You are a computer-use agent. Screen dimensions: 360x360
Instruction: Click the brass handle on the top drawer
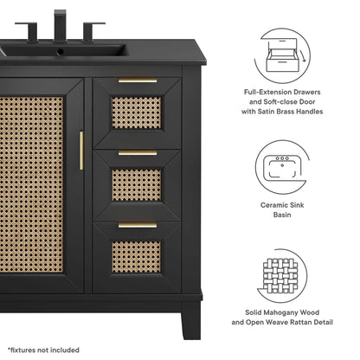tap(138, 81)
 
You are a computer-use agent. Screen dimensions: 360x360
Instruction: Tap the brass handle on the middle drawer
tap(138, 153)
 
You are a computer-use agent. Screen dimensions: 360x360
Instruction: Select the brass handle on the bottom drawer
tap(138, 225)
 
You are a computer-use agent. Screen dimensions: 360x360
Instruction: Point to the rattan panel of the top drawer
tap(137, 112)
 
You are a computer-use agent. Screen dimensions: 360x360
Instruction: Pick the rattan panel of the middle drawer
tap(137, 184)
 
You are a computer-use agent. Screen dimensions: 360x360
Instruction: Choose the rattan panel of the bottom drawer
tap(137, 255)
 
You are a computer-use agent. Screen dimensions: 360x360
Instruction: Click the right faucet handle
tap(93, 31)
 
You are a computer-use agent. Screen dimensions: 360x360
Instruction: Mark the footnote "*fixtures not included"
tap(44, 350)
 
